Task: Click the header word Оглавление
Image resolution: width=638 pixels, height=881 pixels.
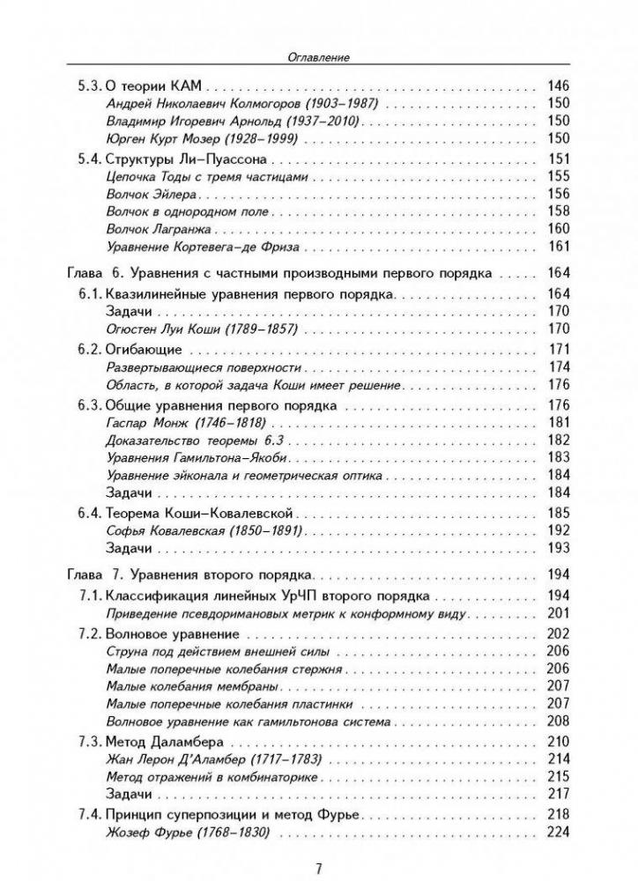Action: pyautogui.click(x=320, y=58)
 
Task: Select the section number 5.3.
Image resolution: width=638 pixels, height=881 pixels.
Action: pyautogui.click(x=85, y=86)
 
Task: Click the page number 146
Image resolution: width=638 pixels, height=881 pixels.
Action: pyautogui.click(x=560, y=86)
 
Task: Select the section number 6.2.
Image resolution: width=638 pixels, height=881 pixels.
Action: pyautogui.click(x=85, y=350)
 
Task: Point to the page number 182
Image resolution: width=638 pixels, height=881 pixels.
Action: pyautogui.click(x=560, y=440)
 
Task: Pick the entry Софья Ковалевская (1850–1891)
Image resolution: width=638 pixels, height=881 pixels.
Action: pyautogui.click(x=204, y=531)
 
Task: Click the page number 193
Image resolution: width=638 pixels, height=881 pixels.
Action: pyautogui.click(x=560, y=548)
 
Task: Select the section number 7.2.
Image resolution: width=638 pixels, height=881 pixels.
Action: pyautogui.click(x=85, y=634)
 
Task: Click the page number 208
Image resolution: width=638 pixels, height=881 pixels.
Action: pyautogui.click(x=560, y=721)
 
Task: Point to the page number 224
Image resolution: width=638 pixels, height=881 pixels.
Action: pyautogui.click(x=560, y=833)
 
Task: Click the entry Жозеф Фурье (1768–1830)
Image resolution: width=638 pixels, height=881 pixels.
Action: pyautogui.click(x=186, y=833)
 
